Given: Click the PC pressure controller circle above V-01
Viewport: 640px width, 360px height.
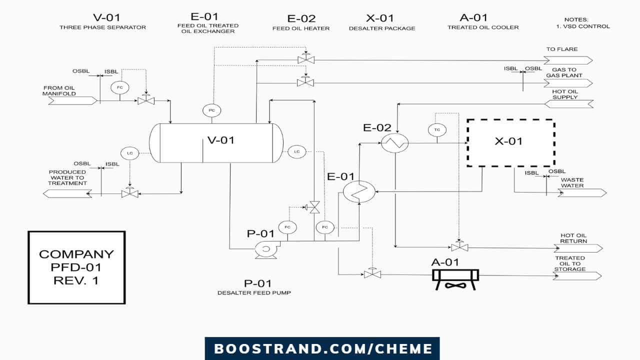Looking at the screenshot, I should coord(211,110).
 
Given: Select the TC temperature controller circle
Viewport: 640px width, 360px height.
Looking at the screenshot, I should coord(437,129).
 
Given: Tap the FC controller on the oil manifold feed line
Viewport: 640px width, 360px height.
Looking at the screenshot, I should coord(120,87).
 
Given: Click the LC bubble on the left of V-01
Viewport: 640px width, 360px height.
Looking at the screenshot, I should coord(129,153).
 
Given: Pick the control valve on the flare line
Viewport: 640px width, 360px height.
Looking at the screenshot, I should coord(305,59).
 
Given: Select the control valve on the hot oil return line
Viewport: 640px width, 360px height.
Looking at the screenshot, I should coord(459,247).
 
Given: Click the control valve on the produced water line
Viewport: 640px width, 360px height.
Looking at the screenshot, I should coord(130,193).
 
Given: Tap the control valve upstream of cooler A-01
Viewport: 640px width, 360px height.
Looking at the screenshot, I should coord(372,274).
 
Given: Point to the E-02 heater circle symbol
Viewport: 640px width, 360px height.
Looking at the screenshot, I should coord(395,143).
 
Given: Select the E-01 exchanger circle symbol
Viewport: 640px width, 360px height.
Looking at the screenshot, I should coord(359,190).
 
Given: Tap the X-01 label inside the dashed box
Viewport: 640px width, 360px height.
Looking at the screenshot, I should coord(508,141).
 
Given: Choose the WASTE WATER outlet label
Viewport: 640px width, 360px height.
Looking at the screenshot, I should coord(572,183).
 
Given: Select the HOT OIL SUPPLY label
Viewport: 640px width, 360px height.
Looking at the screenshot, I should coord(565,94).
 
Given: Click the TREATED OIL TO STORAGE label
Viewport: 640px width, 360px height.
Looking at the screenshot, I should coord(569,263).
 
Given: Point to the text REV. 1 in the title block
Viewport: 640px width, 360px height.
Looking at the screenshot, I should coord(76,280).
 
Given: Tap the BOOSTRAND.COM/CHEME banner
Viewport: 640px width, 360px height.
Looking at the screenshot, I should coord(322,348).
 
